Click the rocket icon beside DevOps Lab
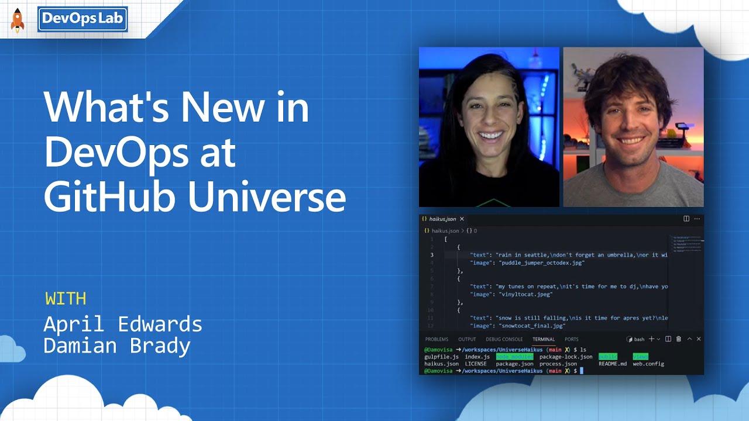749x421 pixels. click(x=18, y=20)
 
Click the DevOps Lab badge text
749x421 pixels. click(x=83, y=19)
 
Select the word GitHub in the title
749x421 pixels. click(x=110, y=197)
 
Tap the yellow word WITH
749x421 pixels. click(x=66, y=299)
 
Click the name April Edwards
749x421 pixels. click(x=123, y=324)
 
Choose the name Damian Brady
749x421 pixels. click(x=117, y=346)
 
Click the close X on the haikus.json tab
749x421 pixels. click(x=462, y=219)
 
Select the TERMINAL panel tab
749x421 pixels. click(x=544, y=339)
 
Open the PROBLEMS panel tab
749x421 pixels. click(x=437, y=339)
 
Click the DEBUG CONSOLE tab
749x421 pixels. click(x=504, y=339)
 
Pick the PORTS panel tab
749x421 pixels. click(x=572, y=339)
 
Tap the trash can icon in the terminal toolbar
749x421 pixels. click(x=679, y=339)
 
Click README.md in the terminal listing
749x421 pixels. click(x=612, y=364)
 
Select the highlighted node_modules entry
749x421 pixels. click(x=514, y=357)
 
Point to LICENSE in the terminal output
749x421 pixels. click(x=476, y=364)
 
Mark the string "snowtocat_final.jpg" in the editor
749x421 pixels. click(x=532, y=326)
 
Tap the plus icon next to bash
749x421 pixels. click(x=651, y=339)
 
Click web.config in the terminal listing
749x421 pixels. click(x=648, y=364)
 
